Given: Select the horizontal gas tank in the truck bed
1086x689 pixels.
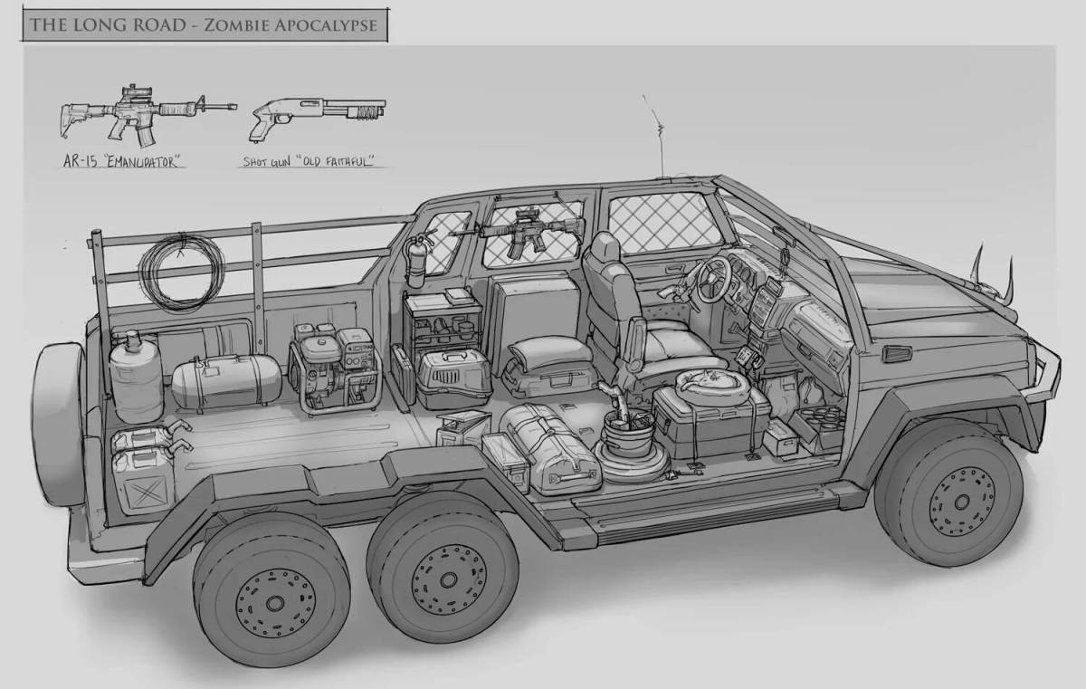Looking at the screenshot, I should coord(225,381).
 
